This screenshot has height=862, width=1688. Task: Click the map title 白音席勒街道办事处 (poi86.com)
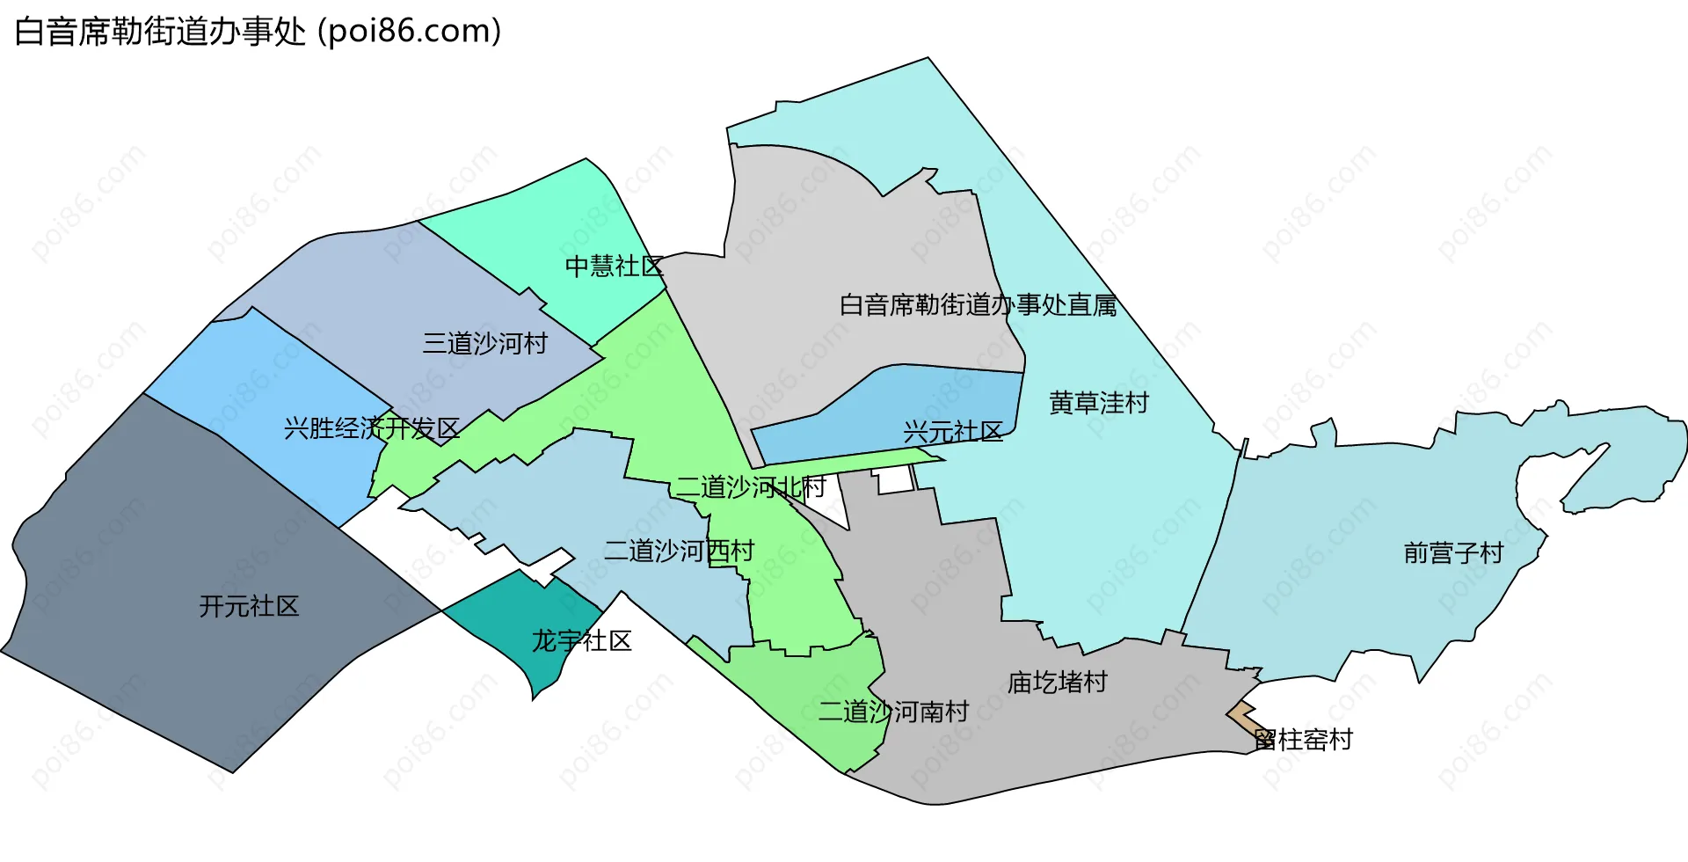pos(258,32)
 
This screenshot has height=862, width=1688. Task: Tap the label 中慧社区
pos(614,266)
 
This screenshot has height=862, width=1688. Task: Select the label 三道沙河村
pos(485,343)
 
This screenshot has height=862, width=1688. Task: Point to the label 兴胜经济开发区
pos(372,428)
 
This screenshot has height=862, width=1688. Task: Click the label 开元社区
pos(249,606)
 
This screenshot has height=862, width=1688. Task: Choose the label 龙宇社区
pos(582,641)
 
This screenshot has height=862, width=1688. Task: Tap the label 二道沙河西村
pos(680,551)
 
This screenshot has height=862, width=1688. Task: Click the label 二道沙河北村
pos(751,486)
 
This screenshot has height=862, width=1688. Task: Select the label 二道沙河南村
pos(893,712)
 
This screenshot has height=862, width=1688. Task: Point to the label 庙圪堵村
pos(1058,683)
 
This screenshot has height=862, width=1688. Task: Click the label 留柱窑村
pos(1304,740)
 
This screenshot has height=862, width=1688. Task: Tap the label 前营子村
pos(1454,553)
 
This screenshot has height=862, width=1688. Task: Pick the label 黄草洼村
pos(1099,403)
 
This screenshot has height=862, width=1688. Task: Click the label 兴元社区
pos(953,432)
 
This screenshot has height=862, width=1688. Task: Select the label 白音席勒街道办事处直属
pos(979,305)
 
